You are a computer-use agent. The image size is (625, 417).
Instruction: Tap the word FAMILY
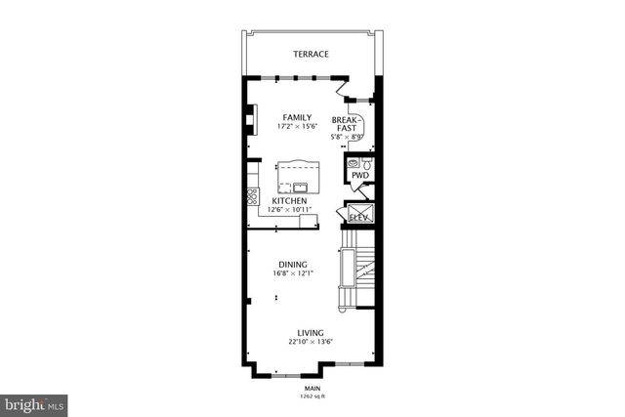(x=297, y=117)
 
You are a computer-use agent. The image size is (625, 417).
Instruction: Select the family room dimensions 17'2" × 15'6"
(x=297, y=127)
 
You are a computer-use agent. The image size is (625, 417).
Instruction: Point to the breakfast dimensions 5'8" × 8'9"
(x=348, y=137)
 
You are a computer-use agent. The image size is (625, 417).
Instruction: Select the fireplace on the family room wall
(x=251, y=118)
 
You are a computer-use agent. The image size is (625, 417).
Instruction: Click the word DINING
(x=293, y=265)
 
